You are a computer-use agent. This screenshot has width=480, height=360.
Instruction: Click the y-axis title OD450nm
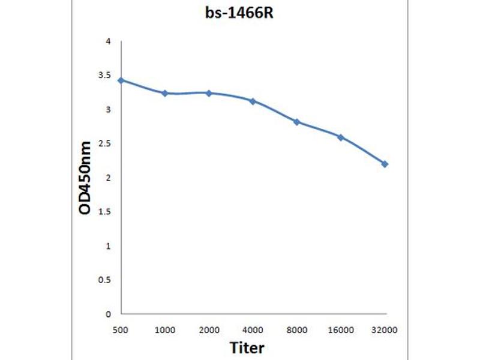(86, 178)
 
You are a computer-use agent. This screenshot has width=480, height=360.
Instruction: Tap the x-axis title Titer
(247, 347)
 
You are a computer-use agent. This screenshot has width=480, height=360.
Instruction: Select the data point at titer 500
(121, 80)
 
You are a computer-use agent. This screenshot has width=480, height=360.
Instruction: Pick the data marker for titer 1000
(164, 93)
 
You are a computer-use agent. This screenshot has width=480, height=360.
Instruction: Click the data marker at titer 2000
(209, 93)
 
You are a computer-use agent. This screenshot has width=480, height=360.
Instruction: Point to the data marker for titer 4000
(253, 101)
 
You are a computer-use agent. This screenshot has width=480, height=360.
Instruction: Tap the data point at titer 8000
(296, 122)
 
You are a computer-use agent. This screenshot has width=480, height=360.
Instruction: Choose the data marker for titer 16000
(340, 137)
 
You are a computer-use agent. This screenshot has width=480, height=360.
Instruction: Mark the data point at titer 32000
(385, 164)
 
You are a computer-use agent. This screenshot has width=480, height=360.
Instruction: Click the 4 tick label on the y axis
(108, 41)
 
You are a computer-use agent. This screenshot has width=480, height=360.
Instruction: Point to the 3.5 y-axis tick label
(105, 76)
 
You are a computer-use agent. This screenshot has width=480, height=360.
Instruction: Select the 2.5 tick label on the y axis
(105, 143)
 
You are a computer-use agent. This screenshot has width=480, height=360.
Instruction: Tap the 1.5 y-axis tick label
(105, 212)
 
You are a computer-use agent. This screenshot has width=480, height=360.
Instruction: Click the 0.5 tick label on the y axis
(105, 280)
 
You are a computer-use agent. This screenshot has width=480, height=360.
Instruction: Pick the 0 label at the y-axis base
(108, 314)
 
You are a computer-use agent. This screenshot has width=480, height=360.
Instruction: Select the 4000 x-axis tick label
(253, 329)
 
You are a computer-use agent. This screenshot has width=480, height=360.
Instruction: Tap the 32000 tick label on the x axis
(385, 329)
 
